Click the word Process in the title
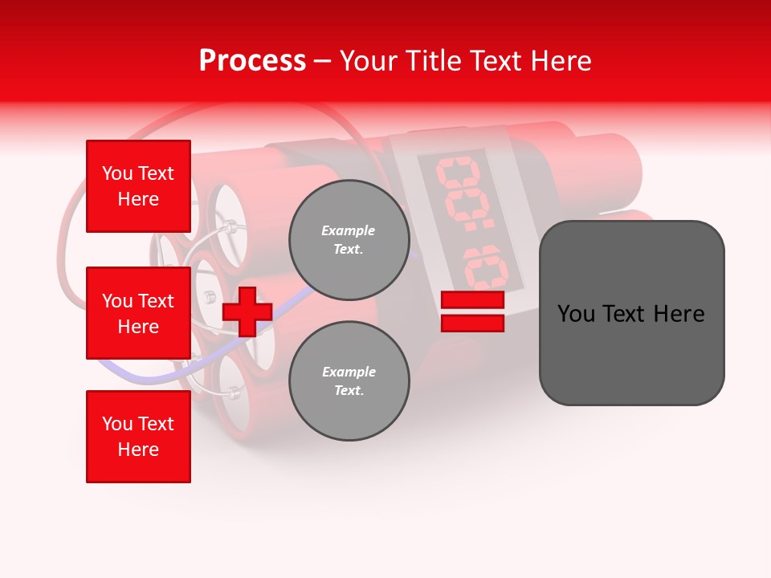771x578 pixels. [x=252, y=61]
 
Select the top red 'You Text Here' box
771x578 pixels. [x=138, y=186]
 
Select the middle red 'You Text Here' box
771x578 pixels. [x=138, y=313]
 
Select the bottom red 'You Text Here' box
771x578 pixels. [x=138, y=437]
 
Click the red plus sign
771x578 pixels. [x=247, y=311]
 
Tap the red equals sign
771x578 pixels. [x=472, y=311]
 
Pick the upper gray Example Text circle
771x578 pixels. [x=349, y=240]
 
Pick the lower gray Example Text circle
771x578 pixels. [x=349, y=381]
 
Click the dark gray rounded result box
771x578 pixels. [x=631, y=313]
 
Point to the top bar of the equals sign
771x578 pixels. [x=472, y=300]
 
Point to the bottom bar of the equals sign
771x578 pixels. [x=472, y=324]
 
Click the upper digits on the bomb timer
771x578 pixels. [x=459, y=189]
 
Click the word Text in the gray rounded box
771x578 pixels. [x=631, y=314]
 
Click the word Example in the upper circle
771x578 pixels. [x=349, y=231]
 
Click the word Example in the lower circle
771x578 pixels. [x=349, y=372]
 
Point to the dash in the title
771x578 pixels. [x=323, y=61]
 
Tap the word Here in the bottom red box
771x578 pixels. [x=138, y=450]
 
